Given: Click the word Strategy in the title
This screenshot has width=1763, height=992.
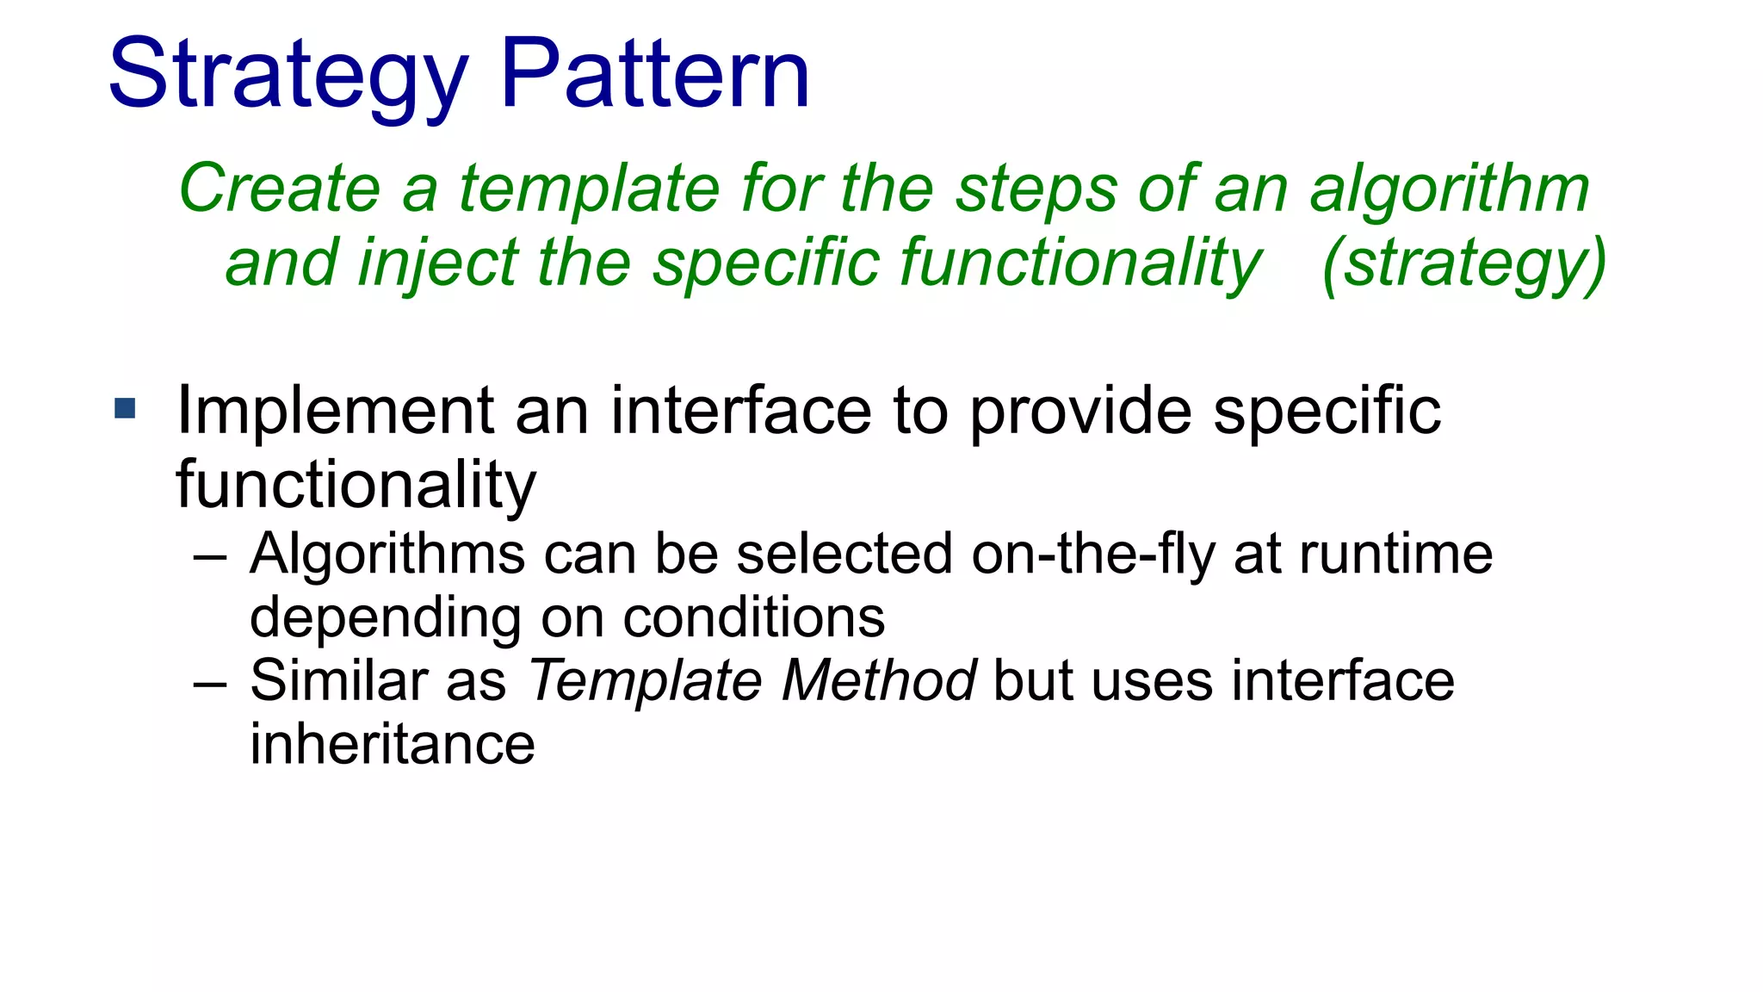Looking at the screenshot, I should click(x=288, y=76).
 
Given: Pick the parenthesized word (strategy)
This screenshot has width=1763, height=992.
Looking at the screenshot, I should click(x=1463, y=263).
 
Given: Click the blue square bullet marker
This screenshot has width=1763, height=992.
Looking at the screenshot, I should click(x=125, y=408).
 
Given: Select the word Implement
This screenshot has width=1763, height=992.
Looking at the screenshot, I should click(x=335, y=412).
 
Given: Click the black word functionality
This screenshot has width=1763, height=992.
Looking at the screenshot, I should click(x=356, y=486).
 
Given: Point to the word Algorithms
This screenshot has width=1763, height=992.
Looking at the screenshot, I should click(x=387, y=554).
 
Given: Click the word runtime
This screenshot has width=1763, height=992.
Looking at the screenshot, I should click(x=1395, y=554).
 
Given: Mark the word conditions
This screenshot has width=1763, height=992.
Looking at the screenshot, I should click(x=753, y=617).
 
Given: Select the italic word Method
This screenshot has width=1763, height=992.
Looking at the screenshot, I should click(x=878, y=680).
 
